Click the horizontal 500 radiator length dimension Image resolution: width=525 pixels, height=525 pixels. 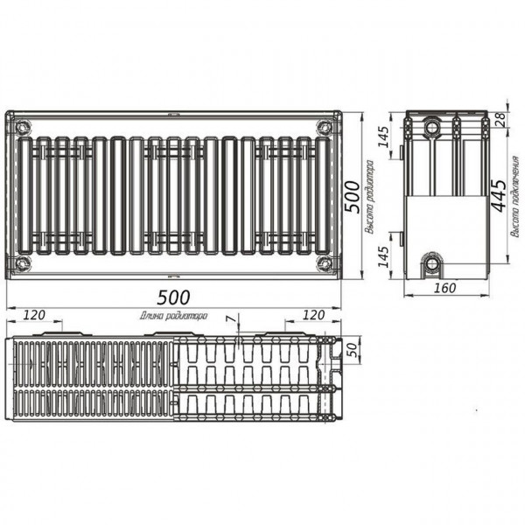click(x=173, y=297)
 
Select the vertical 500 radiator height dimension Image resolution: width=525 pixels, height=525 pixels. click(x=352, y=197)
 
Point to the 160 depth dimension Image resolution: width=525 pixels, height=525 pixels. click(x=446, y=286)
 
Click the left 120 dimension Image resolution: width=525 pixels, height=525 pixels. click(x=34, y=314)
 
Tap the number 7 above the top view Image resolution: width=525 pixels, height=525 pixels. click(x=229, y=321)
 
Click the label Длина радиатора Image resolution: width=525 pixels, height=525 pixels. click(x=173, y=316)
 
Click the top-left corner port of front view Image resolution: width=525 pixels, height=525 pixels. click(x=22, y=124)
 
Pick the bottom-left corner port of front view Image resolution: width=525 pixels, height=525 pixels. click(x=22, y=263)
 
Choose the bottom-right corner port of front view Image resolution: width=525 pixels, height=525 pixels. click(x=325, y=263)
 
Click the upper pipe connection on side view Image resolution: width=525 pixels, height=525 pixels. click(x=433, y=129)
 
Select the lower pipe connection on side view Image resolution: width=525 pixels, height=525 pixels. click(x=431, y=262)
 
